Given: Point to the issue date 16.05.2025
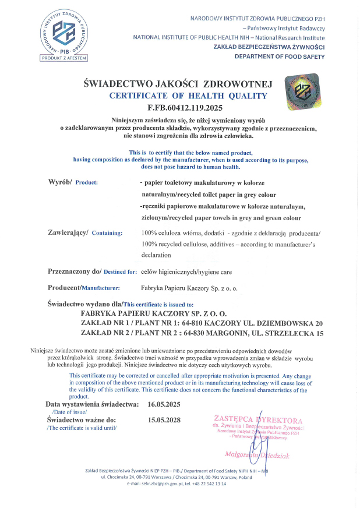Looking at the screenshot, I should point(165,404).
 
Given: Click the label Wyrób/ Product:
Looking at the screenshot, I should point(73,182).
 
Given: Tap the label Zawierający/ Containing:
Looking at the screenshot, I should point(85,233).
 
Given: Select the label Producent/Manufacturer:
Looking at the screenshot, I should point(83,288).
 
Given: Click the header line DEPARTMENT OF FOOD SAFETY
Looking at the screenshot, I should point(280,57).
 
